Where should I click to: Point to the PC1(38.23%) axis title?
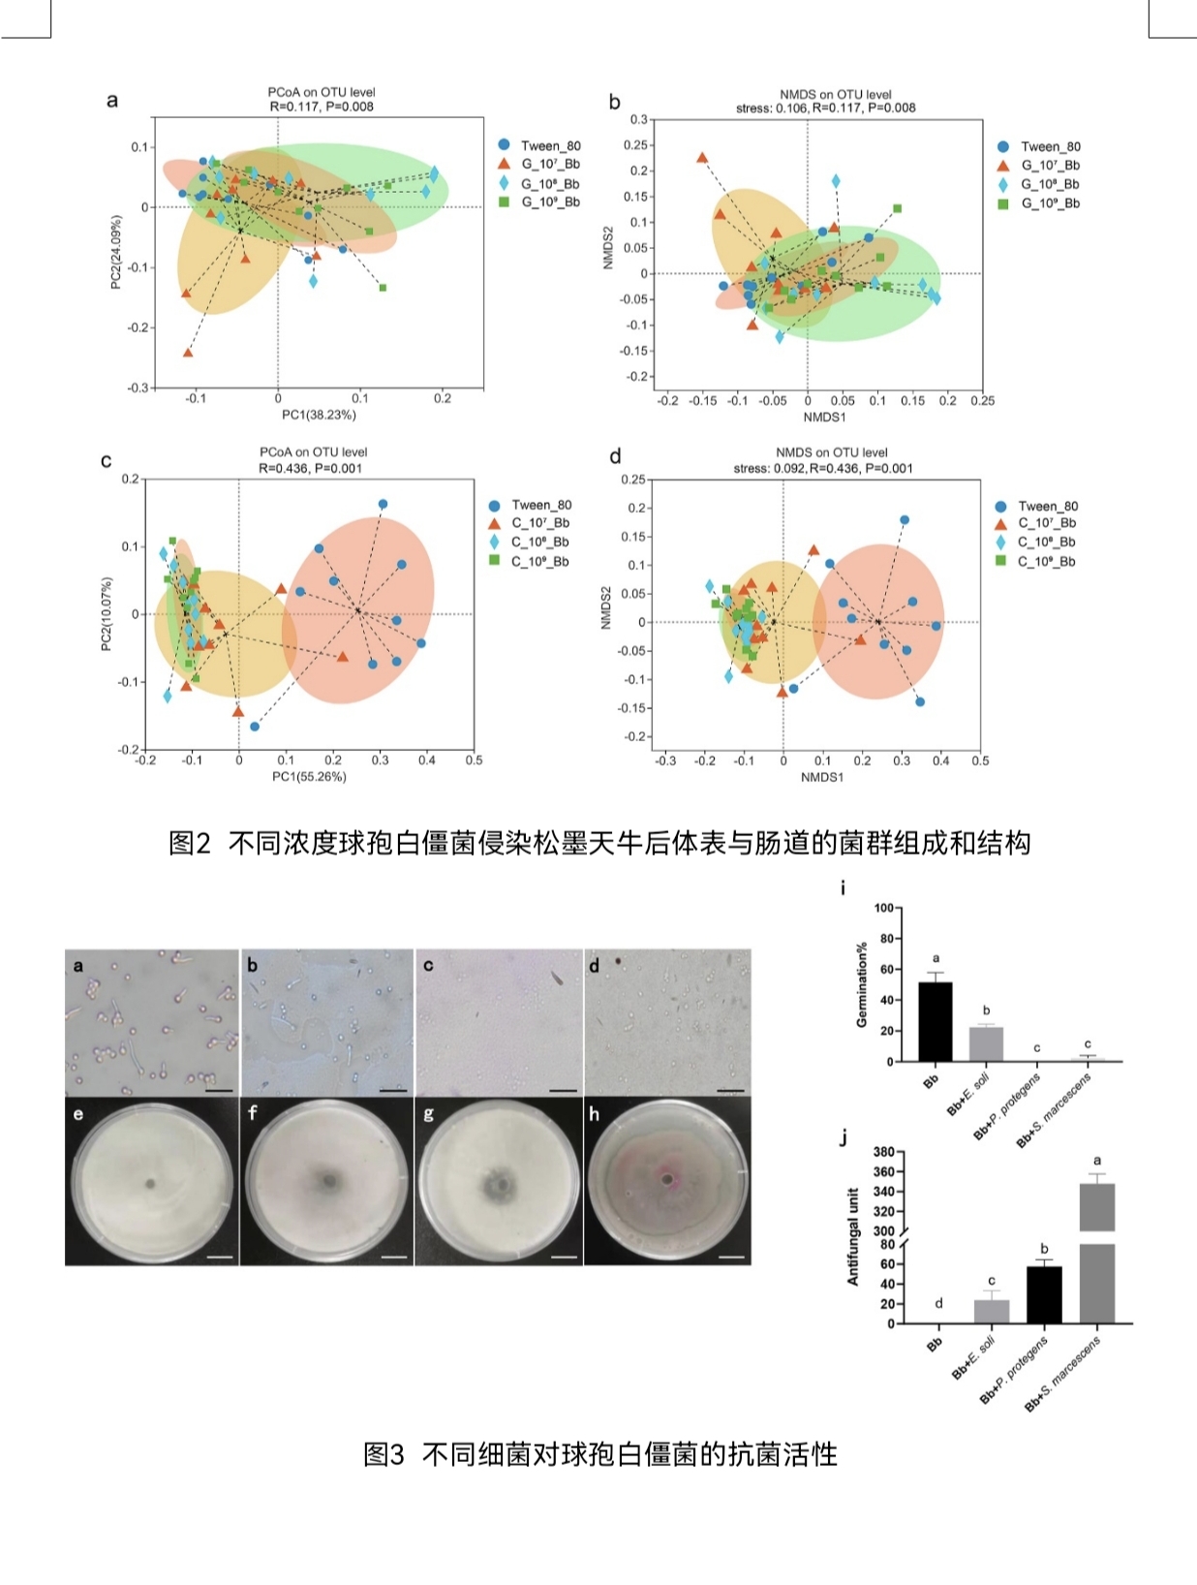[x=319, y=415]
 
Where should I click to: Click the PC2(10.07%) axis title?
[x=107, y=614]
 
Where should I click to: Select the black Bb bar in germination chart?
[x=935, y=1022]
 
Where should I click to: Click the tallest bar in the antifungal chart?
[x=1096, y=1250]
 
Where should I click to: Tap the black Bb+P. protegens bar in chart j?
[x=1044, y=1294]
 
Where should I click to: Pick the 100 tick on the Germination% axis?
[x=884, y=908]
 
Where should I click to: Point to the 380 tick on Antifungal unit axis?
[x=883, y=1152]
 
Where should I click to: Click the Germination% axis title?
[x=861, y=984]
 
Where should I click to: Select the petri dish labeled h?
[x=667, y=1181]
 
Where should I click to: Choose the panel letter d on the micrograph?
[x=594, y=966]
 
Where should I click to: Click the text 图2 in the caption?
[x=189, y=843]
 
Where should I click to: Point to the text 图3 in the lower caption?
[x=384, y=1454]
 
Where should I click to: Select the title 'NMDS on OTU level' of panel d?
[x=831, y=452]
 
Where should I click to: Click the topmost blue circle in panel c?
[x=383, y=504]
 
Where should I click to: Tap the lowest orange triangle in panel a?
[x=188, y=353]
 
